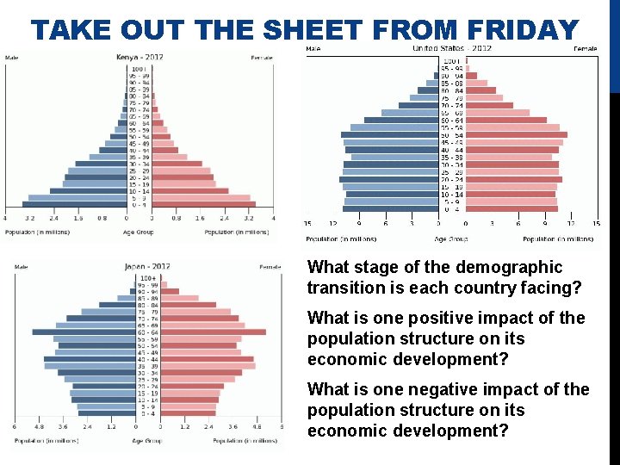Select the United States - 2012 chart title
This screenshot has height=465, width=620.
[x=452, y=48]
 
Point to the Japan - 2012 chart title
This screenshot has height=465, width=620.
[x=147, y=266]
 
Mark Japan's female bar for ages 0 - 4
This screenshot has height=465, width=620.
[x=189, y=413]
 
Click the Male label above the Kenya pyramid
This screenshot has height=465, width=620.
[x=12, y=58]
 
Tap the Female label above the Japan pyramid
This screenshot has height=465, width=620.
[x=270, y=267]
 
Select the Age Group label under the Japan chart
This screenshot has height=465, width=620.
[x=147, y=440]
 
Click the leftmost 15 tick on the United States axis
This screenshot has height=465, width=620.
[x=308, y=224]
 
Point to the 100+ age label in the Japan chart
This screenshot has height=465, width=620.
[x=148, y=278]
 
